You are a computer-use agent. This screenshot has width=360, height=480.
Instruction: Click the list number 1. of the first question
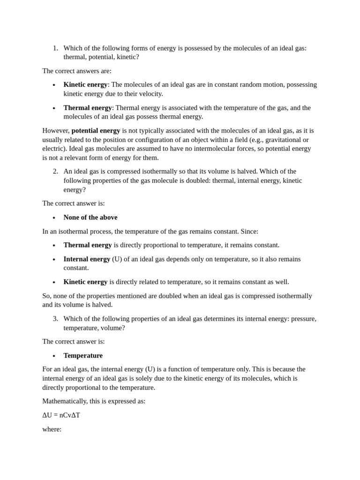click(55, 48)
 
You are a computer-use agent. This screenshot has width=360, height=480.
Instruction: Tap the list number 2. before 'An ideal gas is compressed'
click(55, 172)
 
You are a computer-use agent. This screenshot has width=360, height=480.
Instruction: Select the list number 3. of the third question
click(55, 319)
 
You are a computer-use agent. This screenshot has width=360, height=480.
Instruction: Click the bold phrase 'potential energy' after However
click(96, 130)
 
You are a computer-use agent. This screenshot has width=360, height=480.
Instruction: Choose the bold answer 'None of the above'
click(90, 217)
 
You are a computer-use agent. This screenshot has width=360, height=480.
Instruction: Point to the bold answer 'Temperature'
click(83, 355)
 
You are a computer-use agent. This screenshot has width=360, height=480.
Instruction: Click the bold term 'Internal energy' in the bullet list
click(87, 259)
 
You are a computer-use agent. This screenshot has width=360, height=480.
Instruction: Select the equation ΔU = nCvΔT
click(61, 415)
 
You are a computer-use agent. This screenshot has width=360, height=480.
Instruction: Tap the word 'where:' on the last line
click(52, 429)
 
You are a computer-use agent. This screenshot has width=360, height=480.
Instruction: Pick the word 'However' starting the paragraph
click(56, 130)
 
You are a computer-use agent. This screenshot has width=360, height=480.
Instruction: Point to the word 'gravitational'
click(282, 140)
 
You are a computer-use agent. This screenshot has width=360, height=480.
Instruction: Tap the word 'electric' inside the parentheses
click(53, 149)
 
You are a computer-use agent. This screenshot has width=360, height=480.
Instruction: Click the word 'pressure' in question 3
click(303, 319)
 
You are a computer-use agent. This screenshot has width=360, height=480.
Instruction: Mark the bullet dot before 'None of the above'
click(54, 218)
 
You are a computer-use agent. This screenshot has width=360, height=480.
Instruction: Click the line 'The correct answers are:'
click(77, 71)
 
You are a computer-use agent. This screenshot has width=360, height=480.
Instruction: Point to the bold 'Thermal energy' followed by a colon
click(88, 108)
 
